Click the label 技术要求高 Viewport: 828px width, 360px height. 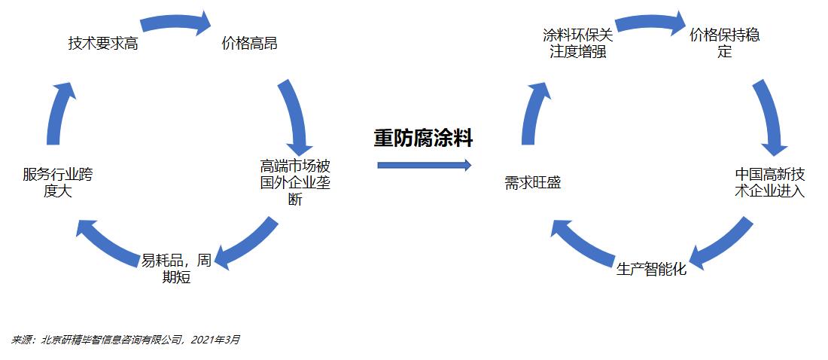click(x=103, y=44)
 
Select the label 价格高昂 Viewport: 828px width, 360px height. click(x=249, y=44)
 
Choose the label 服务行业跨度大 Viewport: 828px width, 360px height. click(x=58, y=183)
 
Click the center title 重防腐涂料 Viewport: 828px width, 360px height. click(x=424, y=139)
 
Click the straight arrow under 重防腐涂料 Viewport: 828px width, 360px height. click(x=424, y=165)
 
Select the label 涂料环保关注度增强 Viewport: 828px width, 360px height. click(x=578, y=44)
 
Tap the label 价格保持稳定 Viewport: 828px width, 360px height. click(x=724, y=44)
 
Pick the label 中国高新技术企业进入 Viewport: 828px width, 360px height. click(x=770, y=183)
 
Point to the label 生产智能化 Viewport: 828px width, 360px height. click(x=651, y=269)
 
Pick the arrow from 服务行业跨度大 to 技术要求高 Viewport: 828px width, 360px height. click(x=59, y=113)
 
